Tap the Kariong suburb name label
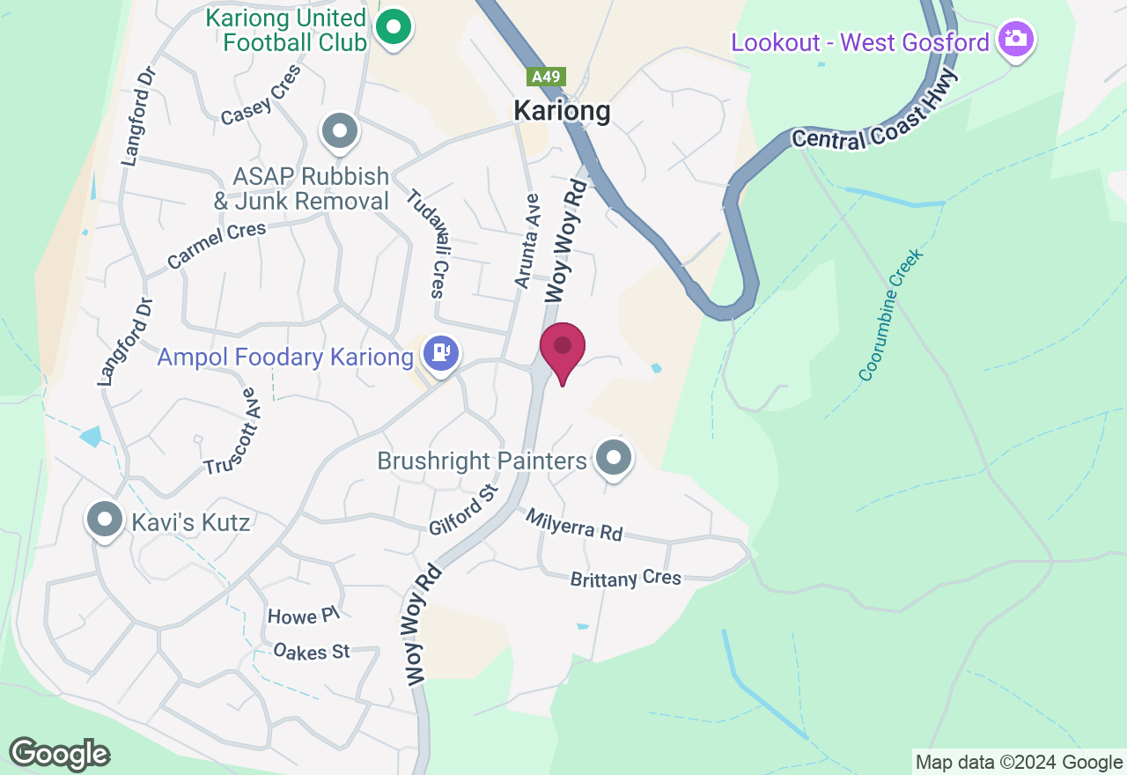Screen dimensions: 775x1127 (562, 111)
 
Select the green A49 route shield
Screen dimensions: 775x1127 (546, 77)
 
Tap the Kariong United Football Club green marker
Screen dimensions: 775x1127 (394, 27)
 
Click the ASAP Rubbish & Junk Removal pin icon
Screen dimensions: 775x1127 (339, 133)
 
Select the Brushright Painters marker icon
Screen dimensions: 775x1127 (614, 458)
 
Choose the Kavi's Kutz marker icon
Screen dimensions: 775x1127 (105, 520)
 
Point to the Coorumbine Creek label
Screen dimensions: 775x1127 (892, 315)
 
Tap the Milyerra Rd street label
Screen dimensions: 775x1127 (574, 525)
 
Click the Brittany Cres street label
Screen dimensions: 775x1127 (626, 579)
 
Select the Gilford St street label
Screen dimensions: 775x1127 (463, 510)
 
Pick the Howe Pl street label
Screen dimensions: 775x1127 (303, 616)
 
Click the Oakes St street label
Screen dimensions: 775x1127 (312, 652)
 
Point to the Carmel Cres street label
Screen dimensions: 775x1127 (217, 246)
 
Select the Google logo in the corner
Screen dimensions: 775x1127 (60, 754)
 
